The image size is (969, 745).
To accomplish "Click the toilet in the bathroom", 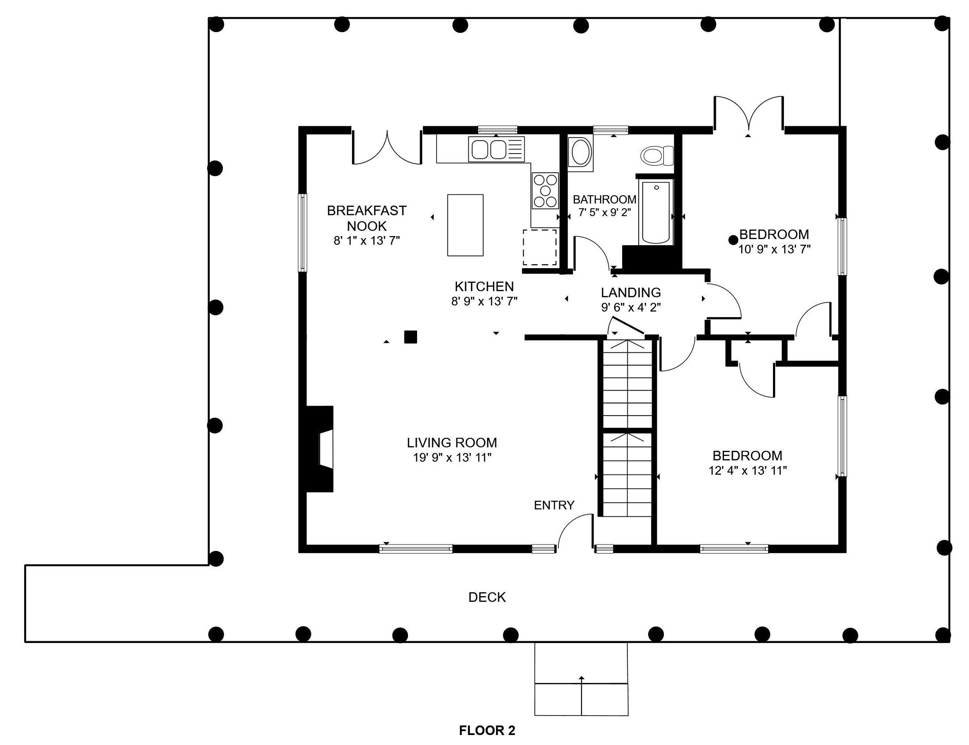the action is pos(657,156).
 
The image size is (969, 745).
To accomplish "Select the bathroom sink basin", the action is pos(581,152).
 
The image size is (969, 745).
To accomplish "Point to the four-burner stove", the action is pos(545,191).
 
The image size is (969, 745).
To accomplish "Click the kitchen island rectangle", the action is pos(465,225).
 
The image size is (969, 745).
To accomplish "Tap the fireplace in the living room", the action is pos(320,448).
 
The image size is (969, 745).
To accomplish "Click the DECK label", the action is pos(487,597).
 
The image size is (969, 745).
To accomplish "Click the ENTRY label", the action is pos(554,505).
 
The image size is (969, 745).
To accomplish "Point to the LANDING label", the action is pos(630,293).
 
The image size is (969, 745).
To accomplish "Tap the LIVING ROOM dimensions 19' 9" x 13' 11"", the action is pos(452,458).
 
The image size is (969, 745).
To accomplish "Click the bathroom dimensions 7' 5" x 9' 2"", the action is pos(604,213).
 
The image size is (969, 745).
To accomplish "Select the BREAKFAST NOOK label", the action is pos(366,218).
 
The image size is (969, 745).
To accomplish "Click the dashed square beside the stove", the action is pos(540,247).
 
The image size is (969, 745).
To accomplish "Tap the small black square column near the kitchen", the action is pos(411,337).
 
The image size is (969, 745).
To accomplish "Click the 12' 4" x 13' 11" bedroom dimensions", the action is pos(747,470).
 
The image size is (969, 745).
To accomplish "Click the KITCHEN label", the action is pos(484,286).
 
